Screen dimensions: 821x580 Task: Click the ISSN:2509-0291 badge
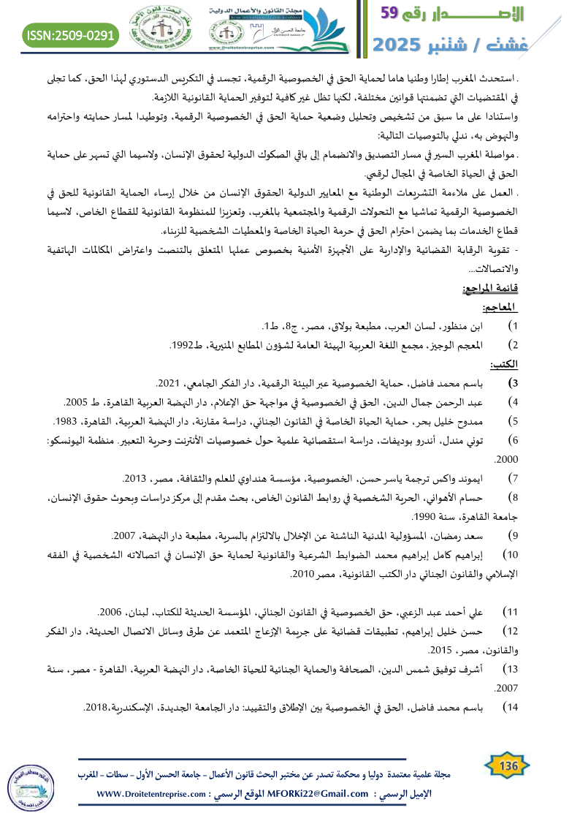[x=72, y=35]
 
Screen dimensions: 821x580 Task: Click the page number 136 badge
[x=508, y=766]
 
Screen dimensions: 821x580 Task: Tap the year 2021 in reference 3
[x=168, y=382]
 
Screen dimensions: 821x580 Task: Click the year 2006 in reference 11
[x=110, y=610]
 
